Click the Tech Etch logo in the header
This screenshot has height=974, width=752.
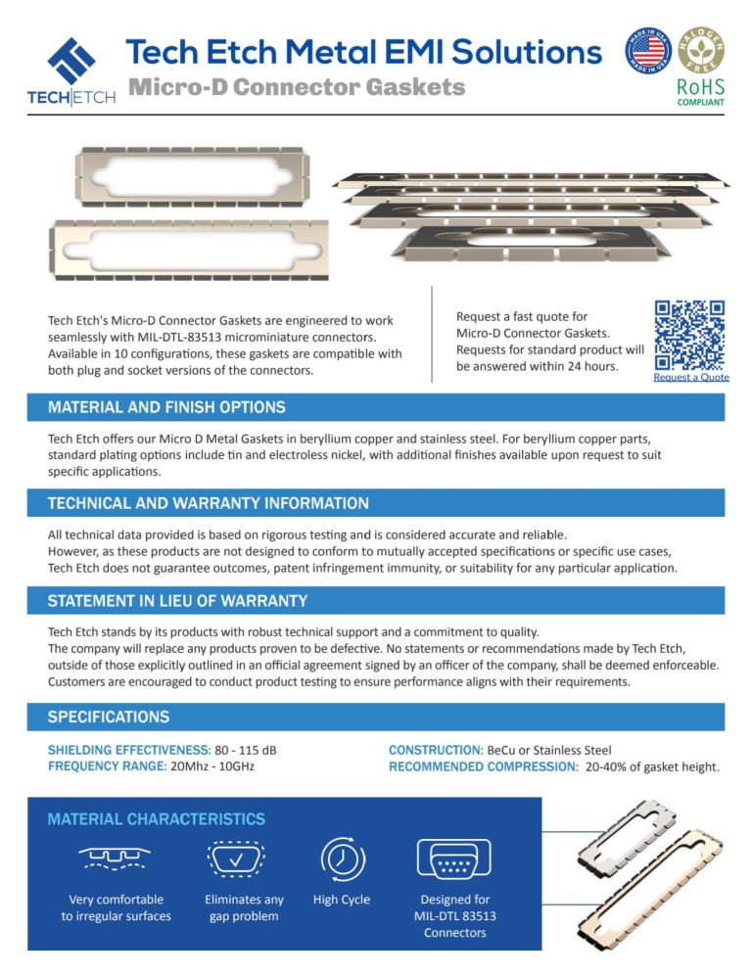[70, 70]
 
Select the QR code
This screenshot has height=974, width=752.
[690, 334]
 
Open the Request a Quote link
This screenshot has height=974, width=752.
[691, 377]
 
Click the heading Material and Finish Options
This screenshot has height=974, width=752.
[166, 407]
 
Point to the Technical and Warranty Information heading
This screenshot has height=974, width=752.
[209, 503]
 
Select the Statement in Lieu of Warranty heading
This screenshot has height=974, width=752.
[177, 600]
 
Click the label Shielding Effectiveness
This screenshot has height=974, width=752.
[129, 750]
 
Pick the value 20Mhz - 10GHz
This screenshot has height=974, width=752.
[211, 765]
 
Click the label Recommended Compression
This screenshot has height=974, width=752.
[484, 765]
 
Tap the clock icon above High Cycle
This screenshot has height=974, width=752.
[342, 858]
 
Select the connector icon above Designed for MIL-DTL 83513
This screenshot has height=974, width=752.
[454, 858]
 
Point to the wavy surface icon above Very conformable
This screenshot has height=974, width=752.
[116, 858]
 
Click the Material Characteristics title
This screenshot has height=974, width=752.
[156, 818]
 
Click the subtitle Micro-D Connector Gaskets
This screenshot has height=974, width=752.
[297, 87]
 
